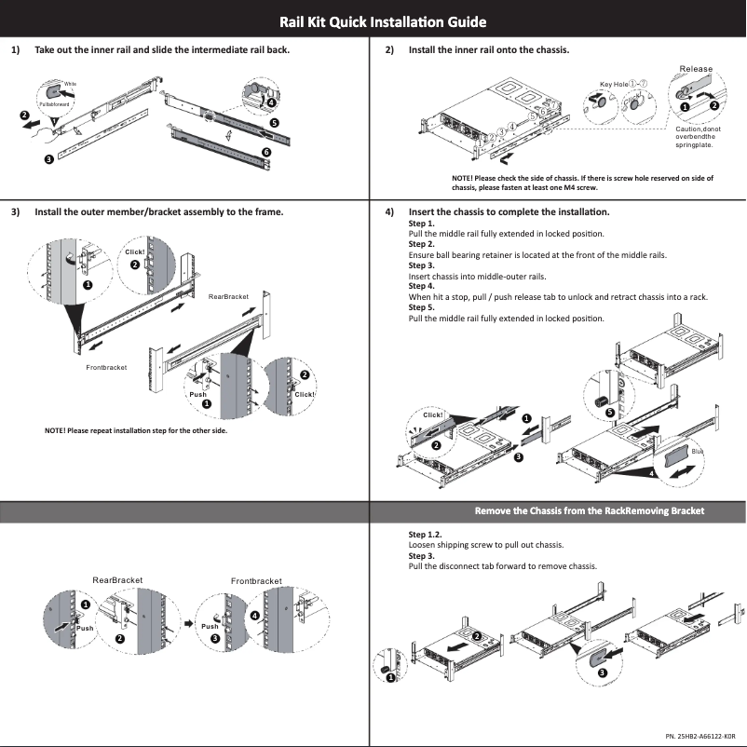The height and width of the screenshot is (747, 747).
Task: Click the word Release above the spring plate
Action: pyautogui.click(x=696, y=69)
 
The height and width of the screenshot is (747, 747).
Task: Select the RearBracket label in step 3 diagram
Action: pyautogui.click(x=228, y=296)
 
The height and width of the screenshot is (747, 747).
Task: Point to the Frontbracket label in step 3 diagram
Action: pyautogui.click(x=106, y=368)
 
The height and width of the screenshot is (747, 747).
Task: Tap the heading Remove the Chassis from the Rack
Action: pyautogui.click(x=589, y=510)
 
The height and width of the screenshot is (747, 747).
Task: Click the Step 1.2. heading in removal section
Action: pyautogui.click(x=425, y=535)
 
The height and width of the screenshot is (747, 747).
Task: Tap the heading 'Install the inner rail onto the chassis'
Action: pyautogui.click(x=489, y=49)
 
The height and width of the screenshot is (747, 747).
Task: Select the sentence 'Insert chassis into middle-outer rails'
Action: pyautogui.click(x=477, y=276)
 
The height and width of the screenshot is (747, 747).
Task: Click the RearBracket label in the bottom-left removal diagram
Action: pyautogui.click(x=117, y=579)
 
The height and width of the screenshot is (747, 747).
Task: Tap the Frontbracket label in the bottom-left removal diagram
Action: pyautogui.click(x=256, y=581)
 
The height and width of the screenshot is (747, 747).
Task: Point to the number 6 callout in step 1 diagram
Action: pyautogui.click(x=266, y=152)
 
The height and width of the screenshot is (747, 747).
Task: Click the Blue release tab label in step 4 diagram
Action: pyautogui.click(x=698, y=452)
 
